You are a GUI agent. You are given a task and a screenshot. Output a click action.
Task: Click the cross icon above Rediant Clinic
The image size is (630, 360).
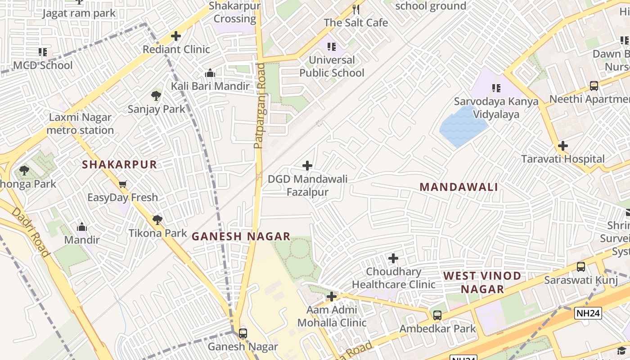(x=176, y=36)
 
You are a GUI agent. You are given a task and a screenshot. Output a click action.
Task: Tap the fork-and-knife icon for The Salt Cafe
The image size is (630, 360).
(x=356, y=9)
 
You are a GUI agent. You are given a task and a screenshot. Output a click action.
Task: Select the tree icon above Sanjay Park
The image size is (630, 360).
(x=156, y=95)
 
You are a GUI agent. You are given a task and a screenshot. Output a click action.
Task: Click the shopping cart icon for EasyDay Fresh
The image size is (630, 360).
(x=122, y=184)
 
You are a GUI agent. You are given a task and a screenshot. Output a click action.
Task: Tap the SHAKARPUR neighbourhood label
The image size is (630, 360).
(x=119, y=165)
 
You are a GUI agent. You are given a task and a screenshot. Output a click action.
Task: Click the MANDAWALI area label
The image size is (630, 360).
(x=459, y=187)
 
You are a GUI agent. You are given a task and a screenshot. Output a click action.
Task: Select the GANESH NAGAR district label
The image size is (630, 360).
(x=241, y=236)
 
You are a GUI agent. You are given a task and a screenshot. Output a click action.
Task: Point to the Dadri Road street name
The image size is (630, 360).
(x=31, y=232)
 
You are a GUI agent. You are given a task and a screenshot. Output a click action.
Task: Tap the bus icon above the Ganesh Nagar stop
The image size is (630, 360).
(x=243, y=333)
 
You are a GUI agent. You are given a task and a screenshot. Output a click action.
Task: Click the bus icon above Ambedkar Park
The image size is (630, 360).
(x=437, y=315)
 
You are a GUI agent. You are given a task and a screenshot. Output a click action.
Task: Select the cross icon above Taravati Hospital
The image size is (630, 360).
(x=562, y=146)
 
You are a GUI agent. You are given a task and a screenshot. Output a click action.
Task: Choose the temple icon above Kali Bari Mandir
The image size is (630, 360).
(x=210, y=73)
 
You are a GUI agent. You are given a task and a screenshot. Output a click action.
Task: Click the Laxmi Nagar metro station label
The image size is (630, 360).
(x=81, y=124)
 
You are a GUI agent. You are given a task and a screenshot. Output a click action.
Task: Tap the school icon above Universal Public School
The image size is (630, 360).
(x=332, y=47)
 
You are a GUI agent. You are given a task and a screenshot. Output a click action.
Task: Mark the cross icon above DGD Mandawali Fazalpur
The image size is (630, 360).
(x=307, y=166)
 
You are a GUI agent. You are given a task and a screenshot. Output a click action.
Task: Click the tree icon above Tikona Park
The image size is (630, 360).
(x=157, y=220)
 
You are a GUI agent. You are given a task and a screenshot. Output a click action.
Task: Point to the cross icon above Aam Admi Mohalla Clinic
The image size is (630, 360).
(x=332, y=297)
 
